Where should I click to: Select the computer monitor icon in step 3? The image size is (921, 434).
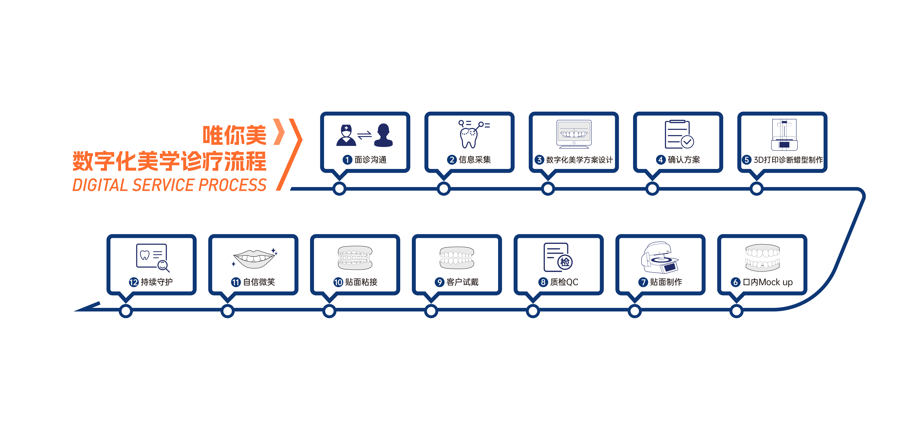(574, 134)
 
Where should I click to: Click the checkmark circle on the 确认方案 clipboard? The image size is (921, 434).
(687, 142)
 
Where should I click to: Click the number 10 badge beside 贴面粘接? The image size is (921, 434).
(338, 282)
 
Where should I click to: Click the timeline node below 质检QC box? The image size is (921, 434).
(533, 311)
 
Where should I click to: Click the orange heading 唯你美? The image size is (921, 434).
(234, 135)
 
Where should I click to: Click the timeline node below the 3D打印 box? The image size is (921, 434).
(757, 189)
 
